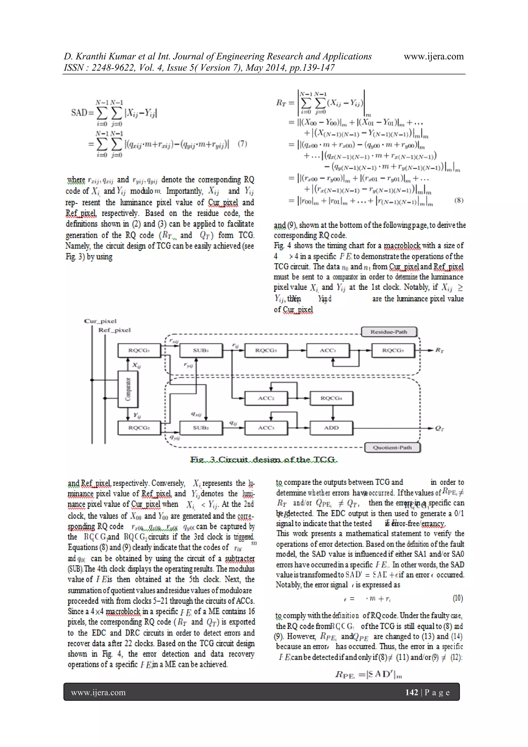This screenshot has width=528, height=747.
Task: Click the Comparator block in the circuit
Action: (128, 389)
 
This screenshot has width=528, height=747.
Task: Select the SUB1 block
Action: (201, 350)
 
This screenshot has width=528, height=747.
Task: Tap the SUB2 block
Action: (201, 428)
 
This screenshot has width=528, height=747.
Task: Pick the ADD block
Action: (331, 428)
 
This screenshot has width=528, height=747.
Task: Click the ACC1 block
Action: (327, 350)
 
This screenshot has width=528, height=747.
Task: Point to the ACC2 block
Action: (266, 398)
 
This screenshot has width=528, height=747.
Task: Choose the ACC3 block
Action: (266, 428)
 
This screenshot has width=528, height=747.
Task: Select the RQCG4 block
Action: (331, 398)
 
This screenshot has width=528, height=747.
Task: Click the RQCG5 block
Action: (393, 350)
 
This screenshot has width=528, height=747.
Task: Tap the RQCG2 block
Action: (139, 428)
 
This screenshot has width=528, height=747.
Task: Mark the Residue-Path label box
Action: (389, 332)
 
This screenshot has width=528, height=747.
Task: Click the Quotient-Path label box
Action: (392, 448)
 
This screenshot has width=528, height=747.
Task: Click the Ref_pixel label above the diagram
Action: (114, 330)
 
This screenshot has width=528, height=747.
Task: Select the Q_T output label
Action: (440, 429)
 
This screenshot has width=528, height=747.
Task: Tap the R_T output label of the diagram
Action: (440, 350)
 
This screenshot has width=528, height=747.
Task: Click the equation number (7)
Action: (242, 143)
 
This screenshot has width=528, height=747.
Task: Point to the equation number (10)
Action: (458, 598)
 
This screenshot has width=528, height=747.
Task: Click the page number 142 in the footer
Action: (412, 692)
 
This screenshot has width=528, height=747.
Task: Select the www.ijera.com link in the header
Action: (433, 56)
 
